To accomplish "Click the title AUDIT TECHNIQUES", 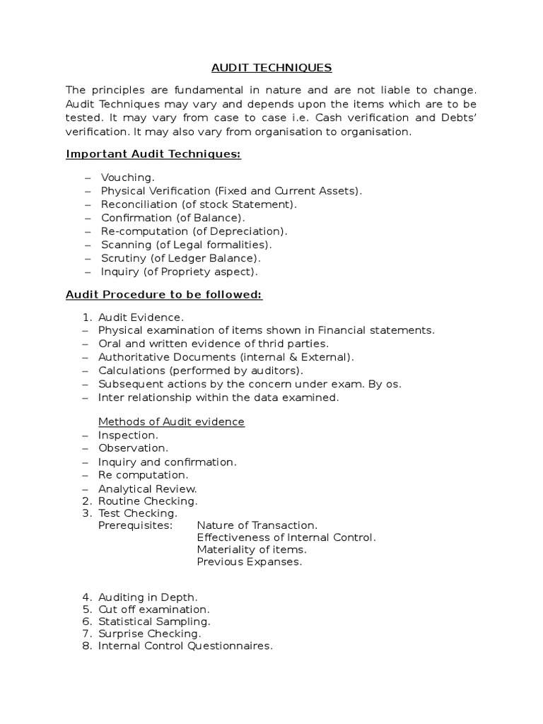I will pos(271,68).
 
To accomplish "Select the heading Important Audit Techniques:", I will pos(153,154).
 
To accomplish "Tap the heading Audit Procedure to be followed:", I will pos(164,295).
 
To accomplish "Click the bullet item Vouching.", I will pos(127,177).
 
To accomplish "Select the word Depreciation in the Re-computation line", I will pos(253,231).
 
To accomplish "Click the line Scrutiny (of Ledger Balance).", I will pos(181,258).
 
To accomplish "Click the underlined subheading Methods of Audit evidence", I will pos(171,421).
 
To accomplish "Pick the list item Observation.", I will pos(133,448).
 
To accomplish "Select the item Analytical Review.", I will pos(147,489).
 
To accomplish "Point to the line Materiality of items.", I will pos(252,549).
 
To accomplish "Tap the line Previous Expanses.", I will pos(249,562).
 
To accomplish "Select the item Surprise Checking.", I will pos(149,634).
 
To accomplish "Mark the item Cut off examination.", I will pos(153,609).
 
